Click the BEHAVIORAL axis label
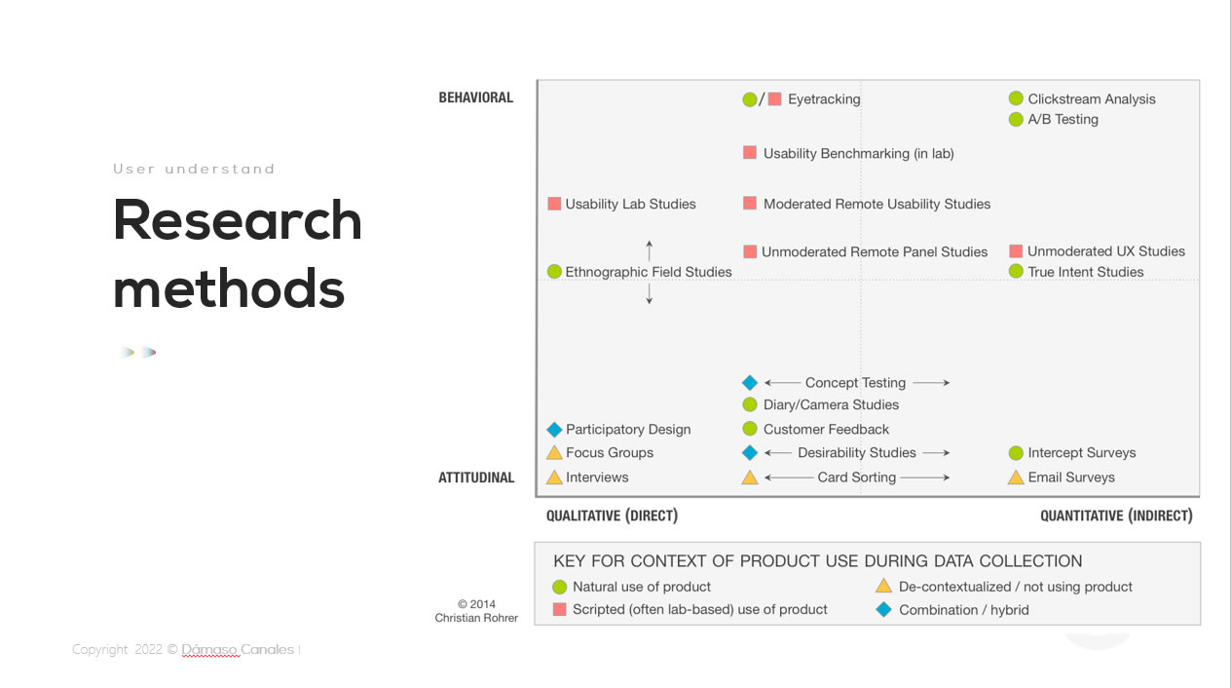pyautogui.click(x=476, y=97)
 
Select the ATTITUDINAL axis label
pyautogui.click(x=476, y=478)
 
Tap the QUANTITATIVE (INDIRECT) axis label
pyautogui.click(x=1116, y=516)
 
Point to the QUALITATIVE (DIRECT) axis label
pyautogui.click(x=612, y=516)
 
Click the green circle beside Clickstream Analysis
pyautogui.click(x=1016, y=98)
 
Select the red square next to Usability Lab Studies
pyautogui.click(x=554, y=204)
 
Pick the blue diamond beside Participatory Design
pyautogui.click(x=554, y=430)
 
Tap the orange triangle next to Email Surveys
pyautogui.click(x=1016, y=477)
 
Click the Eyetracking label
pyautogui.click(x=824, y=99)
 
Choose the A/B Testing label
pyautogui.click(x=1063, y=119)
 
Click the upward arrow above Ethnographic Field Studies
pyautogui.click(x=649, y=250)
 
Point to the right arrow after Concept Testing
pyautogui.click(x=931, y=383)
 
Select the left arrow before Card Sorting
pyautogui.click(x=789, y=478)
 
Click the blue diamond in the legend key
pyautogui.click(x=883, y=609)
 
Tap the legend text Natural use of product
pyautogui.click(x=642, y=587)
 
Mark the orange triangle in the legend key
pyautogui.click(x=883, y=586)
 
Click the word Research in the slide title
pyautogui.click(x=238, y=220)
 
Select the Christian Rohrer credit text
pyautogui.click(x=476, y=618)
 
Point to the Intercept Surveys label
pyautogui.click(x=1082, y=452)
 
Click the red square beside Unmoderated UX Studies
pyautogui.click(x=1016, y=251)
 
